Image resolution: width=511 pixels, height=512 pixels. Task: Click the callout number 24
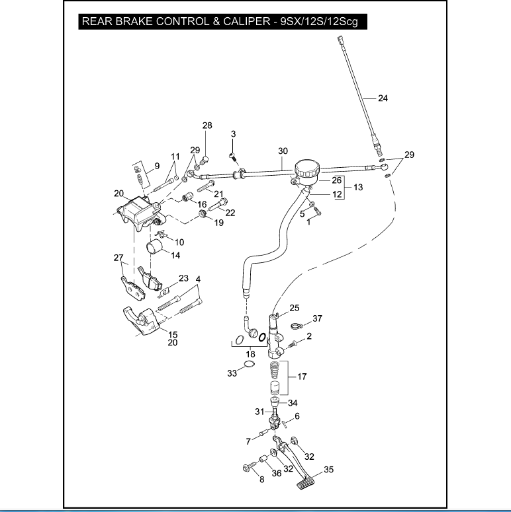pyautogui.click(x=383, y=98)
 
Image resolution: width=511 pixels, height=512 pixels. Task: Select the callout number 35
pyautogui.click(x=328, y=471)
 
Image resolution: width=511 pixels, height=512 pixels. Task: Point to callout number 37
pyautogui.click(x=317, y=318)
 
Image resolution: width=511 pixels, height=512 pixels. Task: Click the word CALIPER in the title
pyautogui.click(x=234, y=21)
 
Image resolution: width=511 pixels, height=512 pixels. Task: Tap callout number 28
pyautogui.click(x=207, y=126)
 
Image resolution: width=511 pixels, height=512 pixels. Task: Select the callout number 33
pyautogui.click(x=232, y=374)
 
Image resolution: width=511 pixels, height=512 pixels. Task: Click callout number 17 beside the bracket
pyautogui.click(x=302, y=377)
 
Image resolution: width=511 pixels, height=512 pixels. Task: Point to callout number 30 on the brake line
pyautogui.click(x=283, y=151)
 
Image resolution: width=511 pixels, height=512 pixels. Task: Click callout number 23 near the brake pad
pyautogui.click(x=183, y=278)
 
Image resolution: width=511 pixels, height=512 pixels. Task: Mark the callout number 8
pyautogui.click(x=261, y=480)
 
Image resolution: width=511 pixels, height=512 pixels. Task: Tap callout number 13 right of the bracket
pyautogui.click(x=357, y=188)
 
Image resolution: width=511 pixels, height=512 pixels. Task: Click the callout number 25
pyautogui.click(x=295, y=308)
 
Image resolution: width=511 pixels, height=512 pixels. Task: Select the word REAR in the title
pyautogui.click(x=97, y=21)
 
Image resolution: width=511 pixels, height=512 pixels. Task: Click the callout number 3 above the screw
pyautogui.click(x=233, y=135)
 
